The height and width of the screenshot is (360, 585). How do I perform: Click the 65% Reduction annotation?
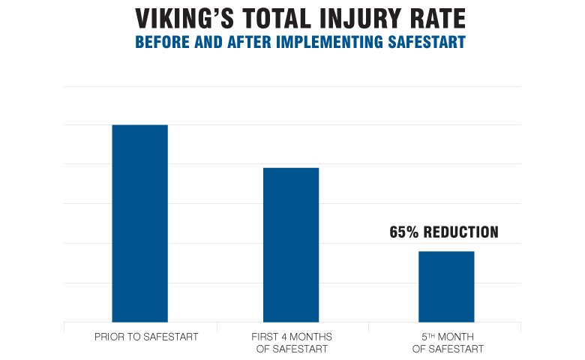tap(444, 232)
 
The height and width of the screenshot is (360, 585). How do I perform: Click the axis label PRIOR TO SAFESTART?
tap(146, 337)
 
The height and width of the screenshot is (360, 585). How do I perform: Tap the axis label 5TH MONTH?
tap(448, 337)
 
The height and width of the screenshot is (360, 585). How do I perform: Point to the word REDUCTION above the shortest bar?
tap(461, 232)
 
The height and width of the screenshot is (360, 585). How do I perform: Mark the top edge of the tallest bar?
tap(139, 125)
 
